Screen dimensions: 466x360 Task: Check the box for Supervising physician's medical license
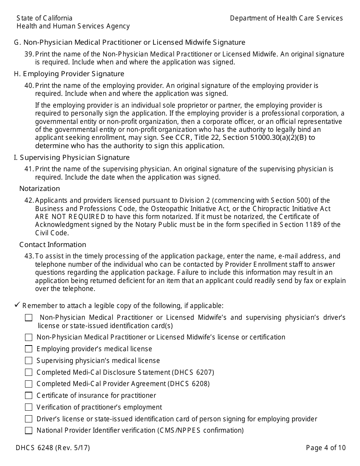(29, 361)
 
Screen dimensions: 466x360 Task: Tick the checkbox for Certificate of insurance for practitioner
(29, 396)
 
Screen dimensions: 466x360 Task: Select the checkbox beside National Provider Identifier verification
(29, 430)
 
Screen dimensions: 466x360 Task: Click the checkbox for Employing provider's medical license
(29, 349)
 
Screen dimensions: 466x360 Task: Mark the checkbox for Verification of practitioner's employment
(29, 407)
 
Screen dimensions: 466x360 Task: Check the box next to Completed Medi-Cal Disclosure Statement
(29, 372)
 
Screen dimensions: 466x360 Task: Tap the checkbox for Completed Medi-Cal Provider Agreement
(29, 384)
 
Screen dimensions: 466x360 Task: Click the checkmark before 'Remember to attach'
(17, 305)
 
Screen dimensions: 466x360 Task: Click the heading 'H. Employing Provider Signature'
(69, 73)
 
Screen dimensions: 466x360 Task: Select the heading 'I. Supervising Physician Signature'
(72, 157)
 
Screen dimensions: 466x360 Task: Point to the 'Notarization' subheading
(39, 188)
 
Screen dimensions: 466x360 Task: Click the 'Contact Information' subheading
(53, 244)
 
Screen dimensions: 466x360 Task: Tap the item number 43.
(29, 256)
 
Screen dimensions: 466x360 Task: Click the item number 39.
(29, 54)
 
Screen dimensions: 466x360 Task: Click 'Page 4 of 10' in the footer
(326, 448)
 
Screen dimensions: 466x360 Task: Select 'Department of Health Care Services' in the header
(286, 18)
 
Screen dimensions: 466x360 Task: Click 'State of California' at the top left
(44, 18)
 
